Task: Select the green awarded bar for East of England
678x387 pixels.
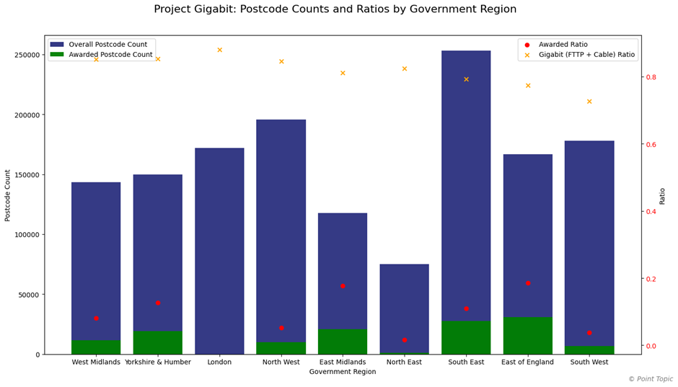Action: pyautogui.click(x=527, y=335)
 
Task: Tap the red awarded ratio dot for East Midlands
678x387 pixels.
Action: pyautogui.click(x=343, y=285)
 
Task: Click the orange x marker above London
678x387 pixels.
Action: pyautogui.click(x=219, y=50)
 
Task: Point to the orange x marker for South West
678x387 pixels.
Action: pyautogui.click(x=589, y=102)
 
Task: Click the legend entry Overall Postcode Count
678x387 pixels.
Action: pyautogui.click(x=107, y=45)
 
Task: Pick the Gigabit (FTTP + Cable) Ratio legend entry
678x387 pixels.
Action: pyautogui.click(x=591, y=55)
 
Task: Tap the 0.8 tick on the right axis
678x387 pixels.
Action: pyautogui.click(x=651, y=77)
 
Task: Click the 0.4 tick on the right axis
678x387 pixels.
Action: pyautogui.click(x=651, y=212)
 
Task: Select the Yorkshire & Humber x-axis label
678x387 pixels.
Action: pyautogui.click(x=158, y=362)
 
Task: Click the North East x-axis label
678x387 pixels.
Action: pyautogui.click(x=404, y=362)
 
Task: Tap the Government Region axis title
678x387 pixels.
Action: pyautogui.click(x=343, y=372)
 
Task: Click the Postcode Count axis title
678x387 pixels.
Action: pyautogui.click(x=8, y=195)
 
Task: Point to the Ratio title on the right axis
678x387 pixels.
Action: pyautogui.click(x=662, y=195)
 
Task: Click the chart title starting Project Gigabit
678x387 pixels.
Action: pyautogui.click(x=345, y=9)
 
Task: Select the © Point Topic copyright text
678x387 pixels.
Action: pyautogui.click(x=651, y=379)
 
